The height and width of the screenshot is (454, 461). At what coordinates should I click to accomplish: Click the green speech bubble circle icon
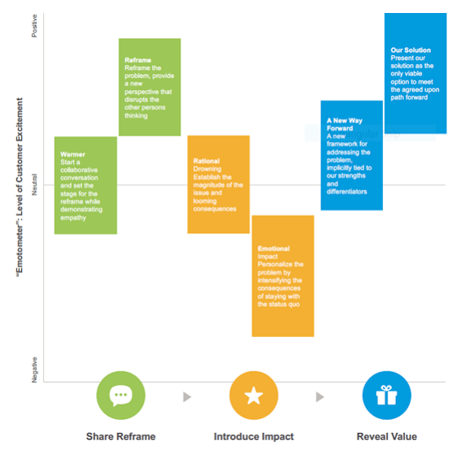pyautogui.click(x=120, y=396)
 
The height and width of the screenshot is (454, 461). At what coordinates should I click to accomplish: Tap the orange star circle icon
pyautogui.click(x=254, y=396)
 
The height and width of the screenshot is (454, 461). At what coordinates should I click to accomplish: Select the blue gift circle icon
pyautogui.click(x=386, y=396)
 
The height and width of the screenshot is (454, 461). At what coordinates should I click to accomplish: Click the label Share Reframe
pyautogui.click(x=120, y=436)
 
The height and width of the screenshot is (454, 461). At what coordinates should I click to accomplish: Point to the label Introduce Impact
pyautogui.click(x=254, y=436)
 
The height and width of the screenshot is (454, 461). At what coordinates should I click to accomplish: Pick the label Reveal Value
pyautogui.click(x=387, y=436)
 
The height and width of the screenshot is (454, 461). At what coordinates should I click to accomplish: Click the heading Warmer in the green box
pyautogui.click(x=72, y=153)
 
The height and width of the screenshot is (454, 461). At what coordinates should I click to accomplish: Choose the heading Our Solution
pyautogui.click(x=411, y=50)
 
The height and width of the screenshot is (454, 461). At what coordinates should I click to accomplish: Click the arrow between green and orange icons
pyautogui.click(x=187, y=396)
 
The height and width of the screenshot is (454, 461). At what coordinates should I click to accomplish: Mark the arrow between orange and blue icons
pyautogui.click(x=320, y=396)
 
